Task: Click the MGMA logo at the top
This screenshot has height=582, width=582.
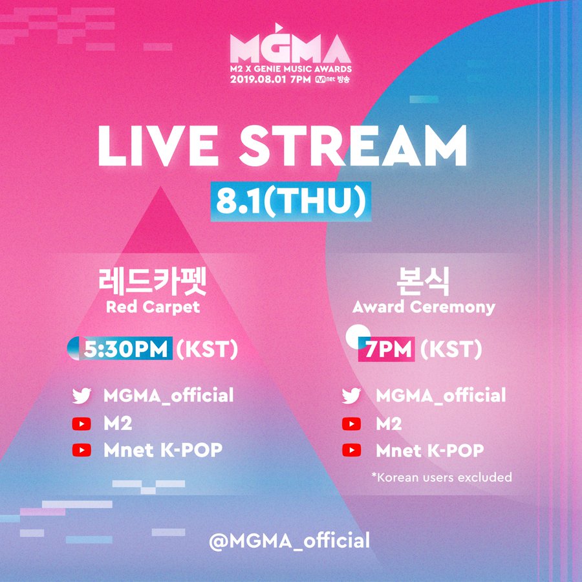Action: coord(290,44)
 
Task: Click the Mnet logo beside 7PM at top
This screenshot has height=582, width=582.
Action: coord(325,80)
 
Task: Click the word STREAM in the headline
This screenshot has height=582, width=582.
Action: coord(352,145)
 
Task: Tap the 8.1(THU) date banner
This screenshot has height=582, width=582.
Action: coord(291,202)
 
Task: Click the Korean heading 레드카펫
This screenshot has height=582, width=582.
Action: coord(152,282)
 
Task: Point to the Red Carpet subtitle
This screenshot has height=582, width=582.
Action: coord(153,307)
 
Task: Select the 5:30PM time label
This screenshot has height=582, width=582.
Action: coord(125,349)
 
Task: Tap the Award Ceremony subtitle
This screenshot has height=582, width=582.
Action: coord(424,307)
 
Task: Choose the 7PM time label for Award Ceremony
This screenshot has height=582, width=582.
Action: coord(388,349)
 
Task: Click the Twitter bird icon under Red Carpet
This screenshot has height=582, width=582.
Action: coord(81,396)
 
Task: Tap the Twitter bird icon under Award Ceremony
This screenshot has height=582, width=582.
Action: coord(351,396)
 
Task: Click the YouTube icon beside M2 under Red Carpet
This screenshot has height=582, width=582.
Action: coord(81,424)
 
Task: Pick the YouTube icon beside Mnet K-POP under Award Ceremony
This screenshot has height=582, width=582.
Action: coord(351,450)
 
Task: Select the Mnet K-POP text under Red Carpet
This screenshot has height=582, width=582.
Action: coord(163,450)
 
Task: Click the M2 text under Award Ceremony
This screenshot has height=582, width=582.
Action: coord(389,424)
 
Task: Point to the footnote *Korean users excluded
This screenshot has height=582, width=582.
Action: coord(442,477)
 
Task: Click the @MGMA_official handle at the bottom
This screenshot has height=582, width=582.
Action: coord(290,541)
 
